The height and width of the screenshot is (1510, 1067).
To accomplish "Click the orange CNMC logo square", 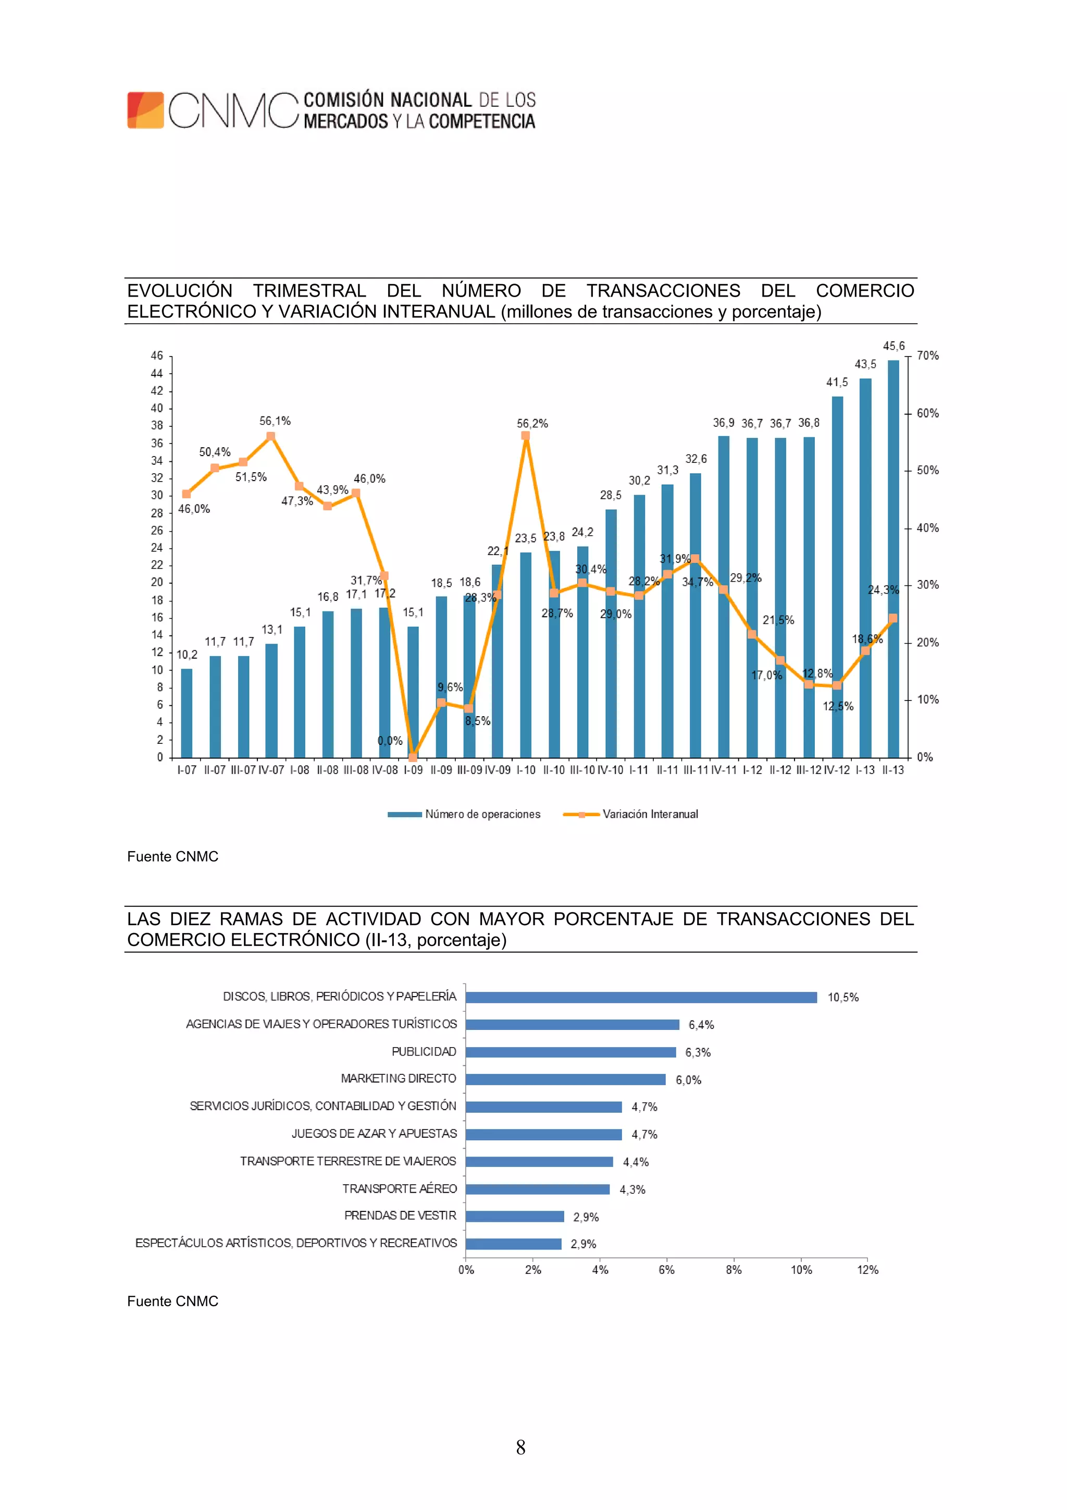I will click(x=145, y=110).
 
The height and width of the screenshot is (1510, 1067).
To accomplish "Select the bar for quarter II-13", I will click(x=893, y=559).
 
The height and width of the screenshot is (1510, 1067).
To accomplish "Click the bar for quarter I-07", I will click(x=187, y=713).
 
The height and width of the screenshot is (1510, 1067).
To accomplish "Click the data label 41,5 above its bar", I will click(x=836, y=382).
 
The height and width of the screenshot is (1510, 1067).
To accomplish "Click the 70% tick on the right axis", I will click(x=927, y=356).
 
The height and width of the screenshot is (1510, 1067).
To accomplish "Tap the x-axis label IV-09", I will click(x=497, y=770).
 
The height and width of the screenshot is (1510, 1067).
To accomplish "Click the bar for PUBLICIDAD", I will click(x=570, y=1052).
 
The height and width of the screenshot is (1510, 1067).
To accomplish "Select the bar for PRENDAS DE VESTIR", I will click(x=514, y=1217).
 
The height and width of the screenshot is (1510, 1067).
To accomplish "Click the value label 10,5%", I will click(x=843, y=998).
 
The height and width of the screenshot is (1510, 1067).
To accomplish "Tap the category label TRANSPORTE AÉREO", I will click(x=399, y=1189).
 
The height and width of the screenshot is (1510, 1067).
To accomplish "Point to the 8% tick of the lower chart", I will click(x=734, y=1270).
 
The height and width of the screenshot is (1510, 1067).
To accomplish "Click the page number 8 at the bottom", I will click(x=520, y=1447).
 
